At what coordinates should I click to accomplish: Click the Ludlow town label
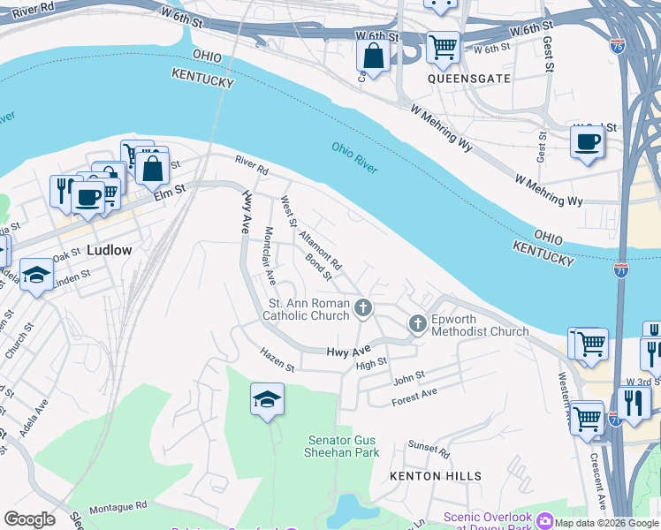(x=110, y=250)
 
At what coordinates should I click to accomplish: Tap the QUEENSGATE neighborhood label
(x=469, y=79)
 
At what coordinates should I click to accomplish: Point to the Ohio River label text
(x=355, y=158)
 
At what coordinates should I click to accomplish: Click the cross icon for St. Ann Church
(x=362, y=308)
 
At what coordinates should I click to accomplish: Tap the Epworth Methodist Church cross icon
(x=418, y=324)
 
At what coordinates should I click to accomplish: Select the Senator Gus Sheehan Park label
(x=344, y=446)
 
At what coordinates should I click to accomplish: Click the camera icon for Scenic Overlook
(x=545, y=521)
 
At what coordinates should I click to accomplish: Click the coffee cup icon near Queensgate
(x=587, y=140)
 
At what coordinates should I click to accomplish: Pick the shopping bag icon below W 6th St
(x=374, y=56)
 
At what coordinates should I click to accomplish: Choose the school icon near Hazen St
(x=267, y=399)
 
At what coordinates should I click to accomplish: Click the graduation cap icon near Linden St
(x=37, y=275)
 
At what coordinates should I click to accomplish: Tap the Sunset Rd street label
(x=429, y=448)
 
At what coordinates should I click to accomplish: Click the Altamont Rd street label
(x=320, y=252)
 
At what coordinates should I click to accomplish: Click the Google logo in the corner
(x=30, y=519)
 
